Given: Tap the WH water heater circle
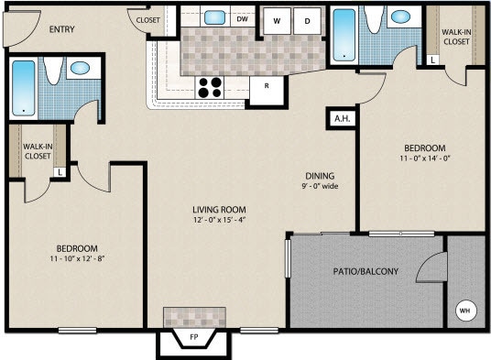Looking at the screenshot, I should (x=464, y=309).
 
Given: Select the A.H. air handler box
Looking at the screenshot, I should (x=341, y=119).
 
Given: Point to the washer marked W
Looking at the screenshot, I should (x=276, y=19).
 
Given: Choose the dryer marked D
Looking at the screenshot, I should (x=308, y=19).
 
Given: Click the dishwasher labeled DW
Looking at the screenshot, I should (x=243, y=18).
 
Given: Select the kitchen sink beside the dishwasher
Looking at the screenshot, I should (x=214, y=16).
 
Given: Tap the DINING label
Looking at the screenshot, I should (x=320, y=176).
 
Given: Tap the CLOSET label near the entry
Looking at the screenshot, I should (x=147, y=19).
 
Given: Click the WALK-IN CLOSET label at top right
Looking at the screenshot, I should (x=457, y=36).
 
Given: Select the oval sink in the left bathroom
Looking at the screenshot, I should (x=81, y=68).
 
